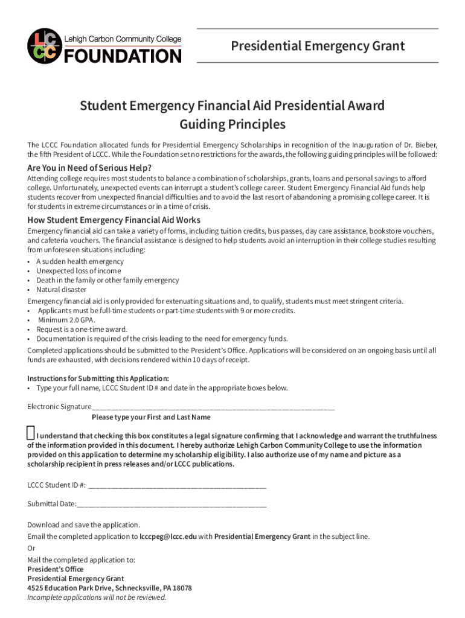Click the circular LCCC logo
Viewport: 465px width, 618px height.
[x=44, y=46]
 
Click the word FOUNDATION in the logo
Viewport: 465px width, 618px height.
[x=123, y=56]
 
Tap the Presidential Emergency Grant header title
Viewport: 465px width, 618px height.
[x=318, y=46]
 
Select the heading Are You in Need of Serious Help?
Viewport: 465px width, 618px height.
[x=89, y=168]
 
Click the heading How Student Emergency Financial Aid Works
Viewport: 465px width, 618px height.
[x=114, y=220]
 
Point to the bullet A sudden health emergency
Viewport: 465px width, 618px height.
[x=80, y=261]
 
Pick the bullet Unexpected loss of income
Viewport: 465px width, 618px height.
[x=79, y=271]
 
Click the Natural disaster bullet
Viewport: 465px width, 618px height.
[x=61, y=290]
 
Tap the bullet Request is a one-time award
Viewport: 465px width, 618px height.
[x=82, y=330]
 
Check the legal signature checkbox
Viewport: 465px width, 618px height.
[x=31, y=434]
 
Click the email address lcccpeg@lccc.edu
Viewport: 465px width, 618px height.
[x=168, y=537]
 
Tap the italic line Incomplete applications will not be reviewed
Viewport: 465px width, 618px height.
[x=97, y=597]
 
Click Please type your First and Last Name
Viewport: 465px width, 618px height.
[x=151, y=417]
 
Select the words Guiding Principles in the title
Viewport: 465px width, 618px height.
[x=232, y=125]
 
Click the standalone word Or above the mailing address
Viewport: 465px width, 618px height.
[x=31, y=549]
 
